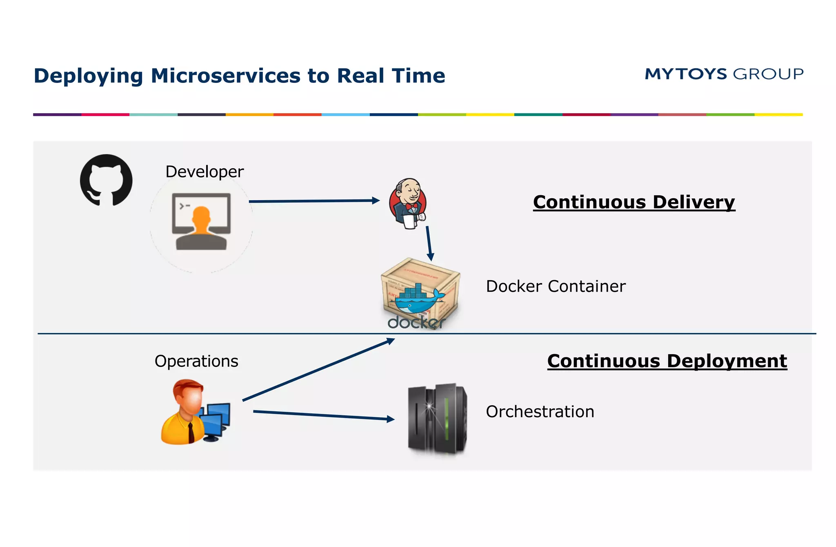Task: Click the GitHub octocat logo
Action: coord(106,180)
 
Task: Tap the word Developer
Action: coord(205,172)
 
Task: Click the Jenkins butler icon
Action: coord(408,203)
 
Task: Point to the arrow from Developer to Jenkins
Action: coord(314,201)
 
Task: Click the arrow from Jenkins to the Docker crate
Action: coord(429,243)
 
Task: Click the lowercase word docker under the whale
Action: coord(416,323)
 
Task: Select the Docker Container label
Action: coord(556,286)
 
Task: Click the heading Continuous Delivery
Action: coord(634,202)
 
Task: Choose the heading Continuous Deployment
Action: coord(667,361)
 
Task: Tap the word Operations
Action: coord(196,362)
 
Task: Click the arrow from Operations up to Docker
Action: coord(318,370)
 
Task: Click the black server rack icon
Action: coord(437,419)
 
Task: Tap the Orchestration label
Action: coord(540,412)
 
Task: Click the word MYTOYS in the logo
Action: coord(686,74)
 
